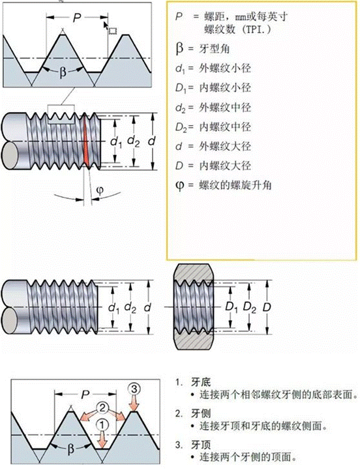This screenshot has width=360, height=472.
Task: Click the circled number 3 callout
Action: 135,389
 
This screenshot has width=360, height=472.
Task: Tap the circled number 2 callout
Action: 102,408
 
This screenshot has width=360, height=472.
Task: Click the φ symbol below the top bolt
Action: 100,190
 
